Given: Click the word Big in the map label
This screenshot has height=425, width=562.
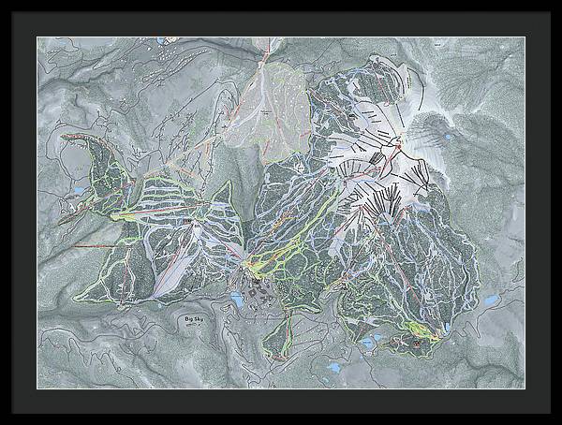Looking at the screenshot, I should click(189, 320).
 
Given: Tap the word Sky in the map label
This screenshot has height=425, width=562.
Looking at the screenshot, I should click(200, 320).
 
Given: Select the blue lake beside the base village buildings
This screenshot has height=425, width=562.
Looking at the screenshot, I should click(235, 300).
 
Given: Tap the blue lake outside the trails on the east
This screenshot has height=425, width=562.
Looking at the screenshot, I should click(490, 301).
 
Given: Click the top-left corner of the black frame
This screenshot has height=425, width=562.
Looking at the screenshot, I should click(2, 2).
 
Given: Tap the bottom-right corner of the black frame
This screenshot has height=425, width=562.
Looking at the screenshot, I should click(559, 422).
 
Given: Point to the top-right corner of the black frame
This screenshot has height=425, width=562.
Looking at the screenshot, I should click(559, 2).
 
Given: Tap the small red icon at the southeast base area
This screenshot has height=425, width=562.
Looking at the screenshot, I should click(416, 344).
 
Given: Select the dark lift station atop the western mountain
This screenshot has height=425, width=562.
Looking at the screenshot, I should click(188, 221).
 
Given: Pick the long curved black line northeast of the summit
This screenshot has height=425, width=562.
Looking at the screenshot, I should click(426, 94).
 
